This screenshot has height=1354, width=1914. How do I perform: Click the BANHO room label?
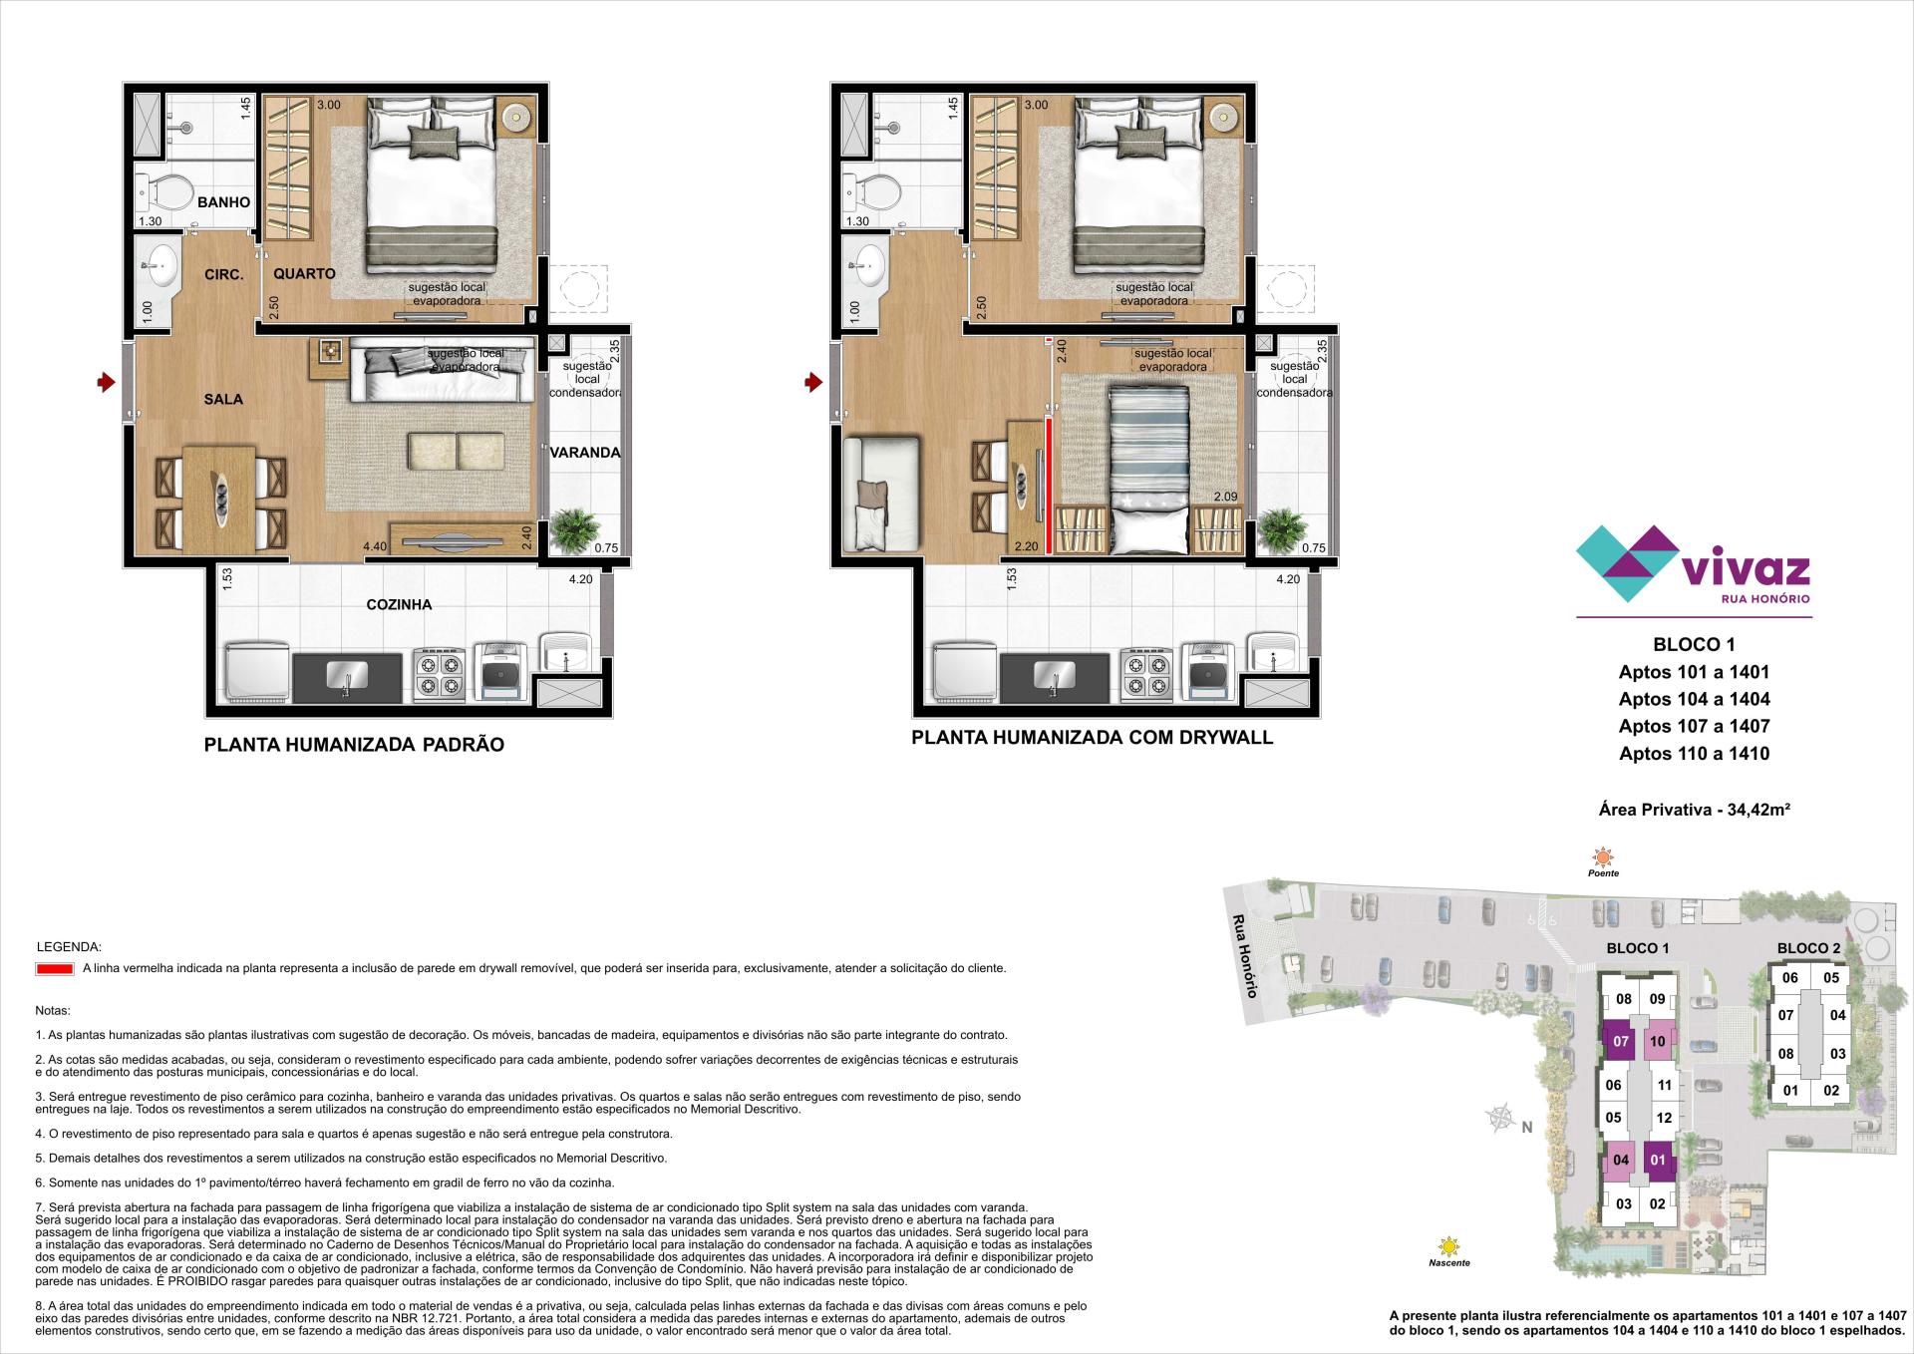click(x=223, y=202)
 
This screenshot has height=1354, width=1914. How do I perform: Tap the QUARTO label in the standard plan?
click(x=304, y=273)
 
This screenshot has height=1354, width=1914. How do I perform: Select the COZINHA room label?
click(x=399, y=604)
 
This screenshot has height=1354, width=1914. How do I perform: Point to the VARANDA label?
click(x=585, y=453)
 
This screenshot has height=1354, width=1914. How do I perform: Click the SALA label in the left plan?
click(x=223, y=399)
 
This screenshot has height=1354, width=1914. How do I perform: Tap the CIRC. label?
click(x=223, y=274)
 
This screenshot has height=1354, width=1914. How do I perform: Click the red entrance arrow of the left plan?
click(x=105, y=382)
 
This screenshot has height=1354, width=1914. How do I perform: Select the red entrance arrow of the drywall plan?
click(x=813, y=382)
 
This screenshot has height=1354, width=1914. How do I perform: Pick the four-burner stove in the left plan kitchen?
click(x=440, y=671)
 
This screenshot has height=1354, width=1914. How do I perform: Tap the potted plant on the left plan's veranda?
click(x=575, y=529)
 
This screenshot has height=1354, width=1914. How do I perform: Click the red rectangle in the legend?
click(x=54, y=968)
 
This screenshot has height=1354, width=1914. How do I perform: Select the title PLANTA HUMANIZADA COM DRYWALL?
click(x=1093, y=738)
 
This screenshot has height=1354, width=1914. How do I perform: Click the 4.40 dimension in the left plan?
click(x=375, y=546)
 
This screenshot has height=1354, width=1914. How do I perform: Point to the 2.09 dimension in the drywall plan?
click(x=1225, y=497)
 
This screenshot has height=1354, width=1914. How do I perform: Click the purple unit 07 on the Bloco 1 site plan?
click(x=1621, y=1042)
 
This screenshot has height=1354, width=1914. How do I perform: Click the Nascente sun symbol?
click(x=1447, y=1246)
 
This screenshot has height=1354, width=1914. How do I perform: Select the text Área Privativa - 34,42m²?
click(x=1694, y=810)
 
